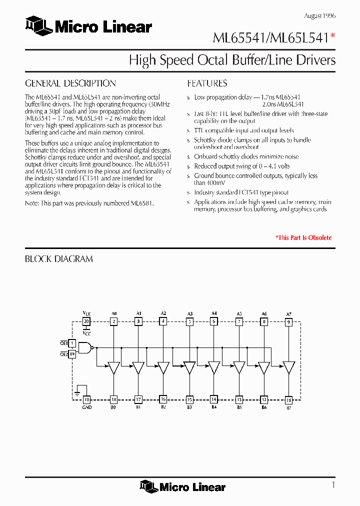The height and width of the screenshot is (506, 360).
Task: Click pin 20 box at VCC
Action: click(86, 322)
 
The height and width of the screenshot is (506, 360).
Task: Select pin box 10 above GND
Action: click(86, 399)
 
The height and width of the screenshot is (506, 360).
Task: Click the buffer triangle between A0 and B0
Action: click(114, 368)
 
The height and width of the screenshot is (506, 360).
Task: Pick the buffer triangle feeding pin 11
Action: click(288, 368)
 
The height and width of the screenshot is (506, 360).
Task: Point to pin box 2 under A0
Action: click(114, 322)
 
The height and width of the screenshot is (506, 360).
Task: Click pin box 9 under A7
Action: click(288, 322)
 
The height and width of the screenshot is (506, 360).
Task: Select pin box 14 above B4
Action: click(214, 399)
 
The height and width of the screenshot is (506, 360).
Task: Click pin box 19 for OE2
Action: click(72, 354)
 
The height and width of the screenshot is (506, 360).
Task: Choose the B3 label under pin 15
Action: click(189, 407)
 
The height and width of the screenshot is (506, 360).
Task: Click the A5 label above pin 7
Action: click(239, 314)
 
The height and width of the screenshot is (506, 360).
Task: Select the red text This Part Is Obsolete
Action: click(303, 238)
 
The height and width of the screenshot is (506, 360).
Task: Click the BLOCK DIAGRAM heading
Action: click(59, 259)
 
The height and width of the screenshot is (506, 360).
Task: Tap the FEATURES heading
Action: click(207, 83)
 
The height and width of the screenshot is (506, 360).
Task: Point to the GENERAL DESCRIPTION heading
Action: click(70, 83)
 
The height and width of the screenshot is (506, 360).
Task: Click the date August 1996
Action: click(319, 16)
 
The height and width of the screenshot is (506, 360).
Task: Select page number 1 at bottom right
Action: click(332, 484)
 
